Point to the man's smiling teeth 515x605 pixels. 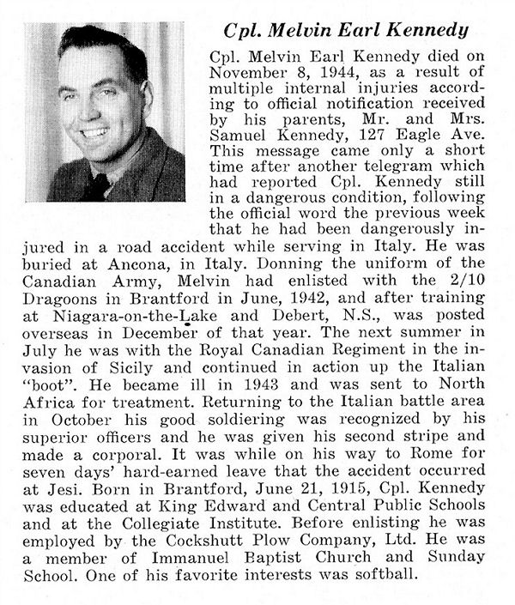[x=93, y=133]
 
